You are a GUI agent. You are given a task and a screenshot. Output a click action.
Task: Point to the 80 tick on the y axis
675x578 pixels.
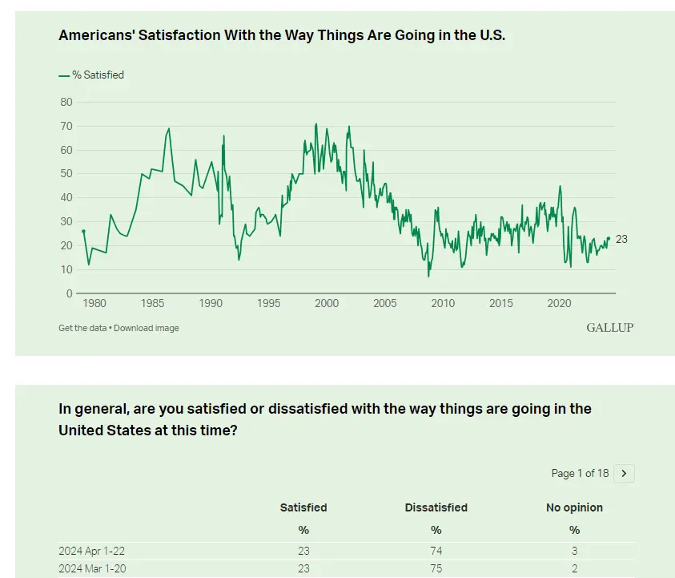[66, 102]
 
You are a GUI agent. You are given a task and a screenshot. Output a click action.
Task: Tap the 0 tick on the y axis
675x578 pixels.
[69, 293]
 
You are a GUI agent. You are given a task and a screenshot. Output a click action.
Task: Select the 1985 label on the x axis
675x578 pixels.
[152, 304]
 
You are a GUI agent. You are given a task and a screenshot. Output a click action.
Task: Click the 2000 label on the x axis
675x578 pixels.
[327, 304]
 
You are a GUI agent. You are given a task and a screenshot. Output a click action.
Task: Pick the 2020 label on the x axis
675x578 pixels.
[559, 304]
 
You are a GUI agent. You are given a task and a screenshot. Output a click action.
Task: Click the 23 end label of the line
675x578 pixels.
[621, 239]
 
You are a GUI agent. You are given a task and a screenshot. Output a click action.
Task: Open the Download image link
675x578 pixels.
[147, 328]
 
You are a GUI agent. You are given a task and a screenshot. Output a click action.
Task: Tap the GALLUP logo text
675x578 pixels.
[609, 328]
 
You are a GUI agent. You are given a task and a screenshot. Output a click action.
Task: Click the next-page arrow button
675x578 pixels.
[624, 474]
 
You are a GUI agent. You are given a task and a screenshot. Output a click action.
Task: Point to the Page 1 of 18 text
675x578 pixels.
[580, 474]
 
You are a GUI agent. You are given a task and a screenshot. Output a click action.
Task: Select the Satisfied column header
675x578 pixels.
[303, 507]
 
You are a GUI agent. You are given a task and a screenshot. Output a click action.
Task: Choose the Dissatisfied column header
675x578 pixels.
[436, 507]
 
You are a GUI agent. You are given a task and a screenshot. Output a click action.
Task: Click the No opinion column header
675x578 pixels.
[574, 507]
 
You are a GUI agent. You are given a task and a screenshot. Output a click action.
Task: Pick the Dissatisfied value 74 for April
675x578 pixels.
[436, 551]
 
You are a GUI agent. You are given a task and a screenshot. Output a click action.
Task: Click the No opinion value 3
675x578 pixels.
[574, 551]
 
